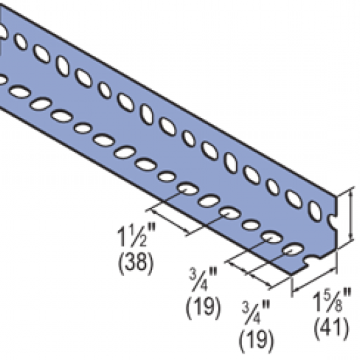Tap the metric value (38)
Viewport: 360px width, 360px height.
tap(135, 263)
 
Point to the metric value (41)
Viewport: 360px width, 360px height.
tap(331, 327)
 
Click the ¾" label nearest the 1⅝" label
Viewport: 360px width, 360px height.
tap(256, 313)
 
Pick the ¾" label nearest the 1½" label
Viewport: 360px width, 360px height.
tap(203, 279)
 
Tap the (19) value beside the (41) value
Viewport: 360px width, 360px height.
tap(257, 341)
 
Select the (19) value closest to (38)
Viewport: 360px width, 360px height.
tap(203, 307)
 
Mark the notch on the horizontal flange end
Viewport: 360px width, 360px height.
tap(311, 260)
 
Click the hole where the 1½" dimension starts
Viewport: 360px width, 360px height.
tap(189, 189)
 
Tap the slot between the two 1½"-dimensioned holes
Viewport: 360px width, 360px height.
tap(209, 201)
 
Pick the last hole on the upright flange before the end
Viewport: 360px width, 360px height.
tap(315, 211)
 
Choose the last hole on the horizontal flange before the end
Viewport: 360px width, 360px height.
tap(293, 249)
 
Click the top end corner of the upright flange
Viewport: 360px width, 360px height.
tap(335, 196)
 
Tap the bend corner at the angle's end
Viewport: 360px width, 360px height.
tap(335, 249)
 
